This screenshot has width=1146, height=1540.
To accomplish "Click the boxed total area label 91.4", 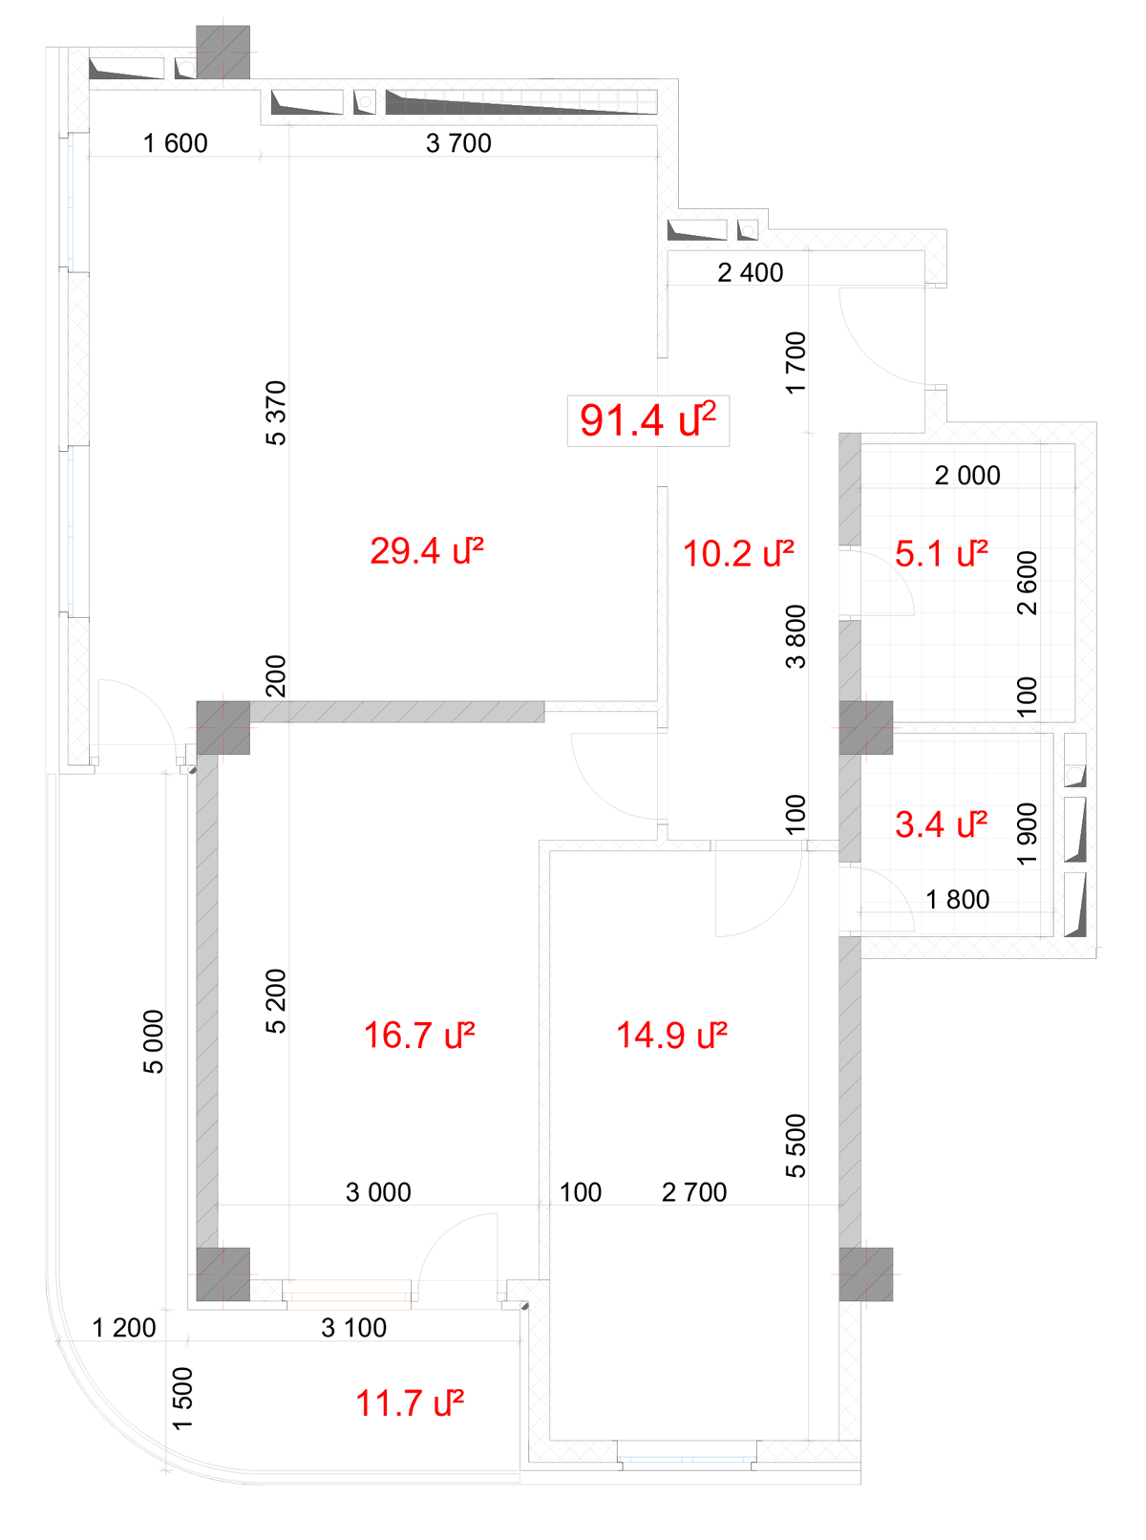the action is pos(647,420).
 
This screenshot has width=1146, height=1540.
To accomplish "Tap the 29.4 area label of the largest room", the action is pos(426,551).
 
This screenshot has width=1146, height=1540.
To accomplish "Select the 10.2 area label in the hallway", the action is pos(738,553).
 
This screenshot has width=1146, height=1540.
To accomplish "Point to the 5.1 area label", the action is pos(942,553).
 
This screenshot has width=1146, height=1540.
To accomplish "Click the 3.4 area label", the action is pos(942,824).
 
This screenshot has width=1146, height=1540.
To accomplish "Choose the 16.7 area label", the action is pos(419,1036).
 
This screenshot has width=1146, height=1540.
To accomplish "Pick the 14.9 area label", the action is pos(672,1036).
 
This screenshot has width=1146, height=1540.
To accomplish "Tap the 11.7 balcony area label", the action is pos(410,1403).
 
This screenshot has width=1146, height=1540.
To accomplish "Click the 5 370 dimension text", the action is pos(276,413).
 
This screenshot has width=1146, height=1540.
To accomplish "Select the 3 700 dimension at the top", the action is pos(458,143).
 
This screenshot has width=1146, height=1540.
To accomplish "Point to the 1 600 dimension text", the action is pos(176,143).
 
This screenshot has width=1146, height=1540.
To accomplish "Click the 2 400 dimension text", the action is pos(751,273).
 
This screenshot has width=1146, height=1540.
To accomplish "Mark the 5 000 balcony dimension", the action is pos(154,1041).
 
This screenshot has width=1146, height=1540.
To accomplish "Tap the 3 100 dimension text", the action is pos(354,1328).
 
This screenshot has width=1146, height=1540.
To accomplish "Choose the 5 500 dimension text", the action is pos(796,1146).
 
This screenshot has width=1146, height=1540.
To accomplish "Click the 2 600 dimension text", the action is pos(1028,583).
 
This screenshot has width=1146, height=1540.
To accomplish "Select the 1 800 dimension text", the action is pos(958,900).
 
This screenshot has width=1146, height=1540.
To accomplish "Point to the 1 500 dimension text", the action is pos(182,1399).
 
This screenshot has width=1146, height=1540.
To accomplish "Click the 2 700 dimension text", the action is pos(694,1193).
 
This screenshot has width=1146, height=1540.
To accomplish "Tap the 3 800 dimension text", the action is pos(796,636).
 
